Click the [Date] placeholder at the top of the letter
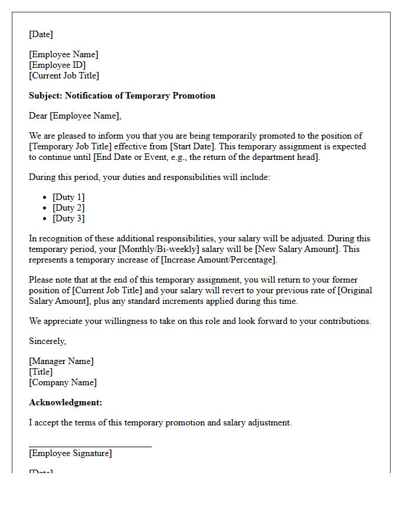41,34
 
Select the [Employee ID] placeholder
57,65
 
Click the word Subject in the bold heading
45,96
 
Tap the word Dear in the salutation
38,116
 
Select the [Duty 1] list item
68,197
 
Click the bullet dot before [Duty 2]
45,208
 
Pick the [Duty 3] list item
68,218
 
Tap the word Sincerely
47,341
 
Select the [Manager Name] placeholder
61,361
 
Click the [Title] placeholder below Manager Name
41,372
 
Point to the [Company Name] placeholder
63,382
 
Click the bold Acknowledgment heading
65,402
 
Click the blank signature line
90,446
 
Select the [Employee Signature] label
70,453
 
